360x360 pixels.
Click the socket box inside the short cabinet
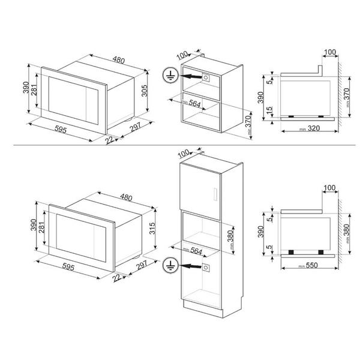point(207,77)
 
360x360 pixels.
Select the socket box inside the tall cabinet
point(207,266)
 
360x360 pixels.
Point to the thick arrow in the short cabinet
point(191,77)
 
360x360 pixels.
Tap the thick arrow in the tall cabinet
point(191,266)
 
